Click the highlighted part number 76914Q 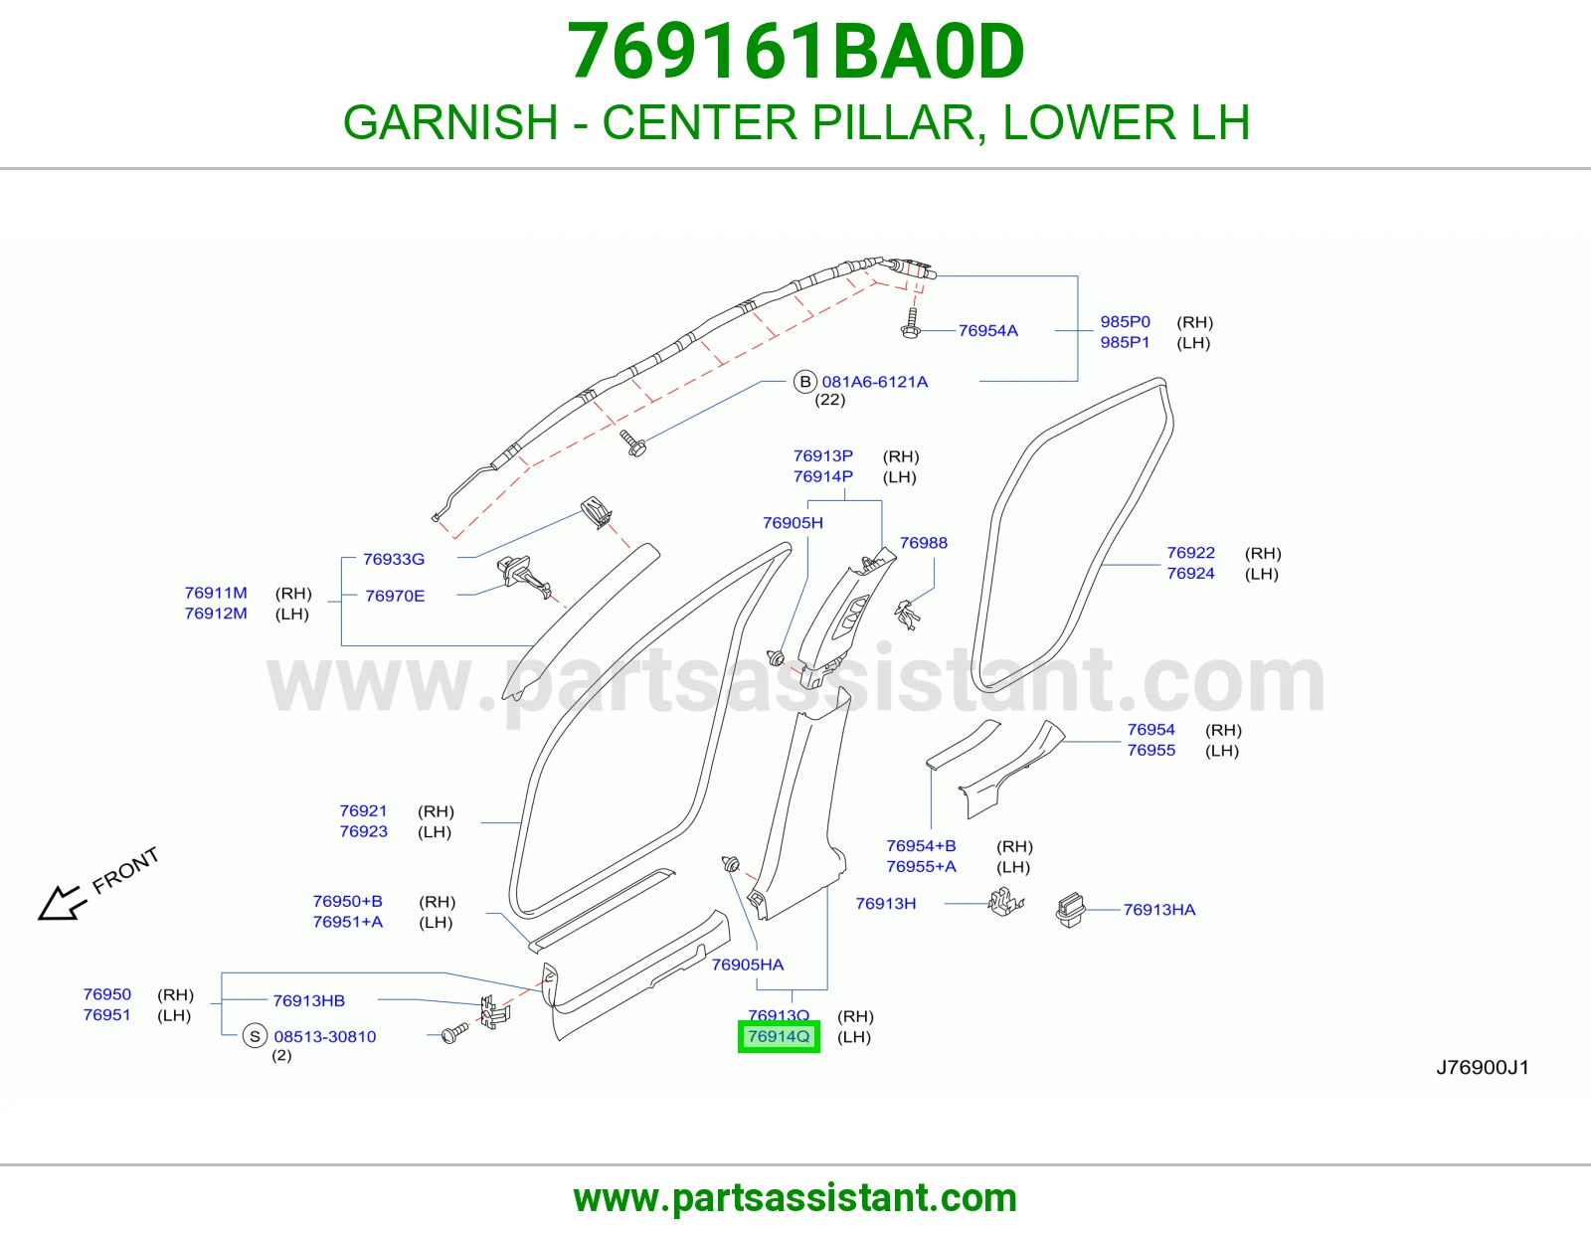(779, 1036)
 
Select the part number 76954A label (987, 331)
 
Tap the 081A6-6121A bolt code (874, 382)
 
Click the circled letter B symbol (804, 382)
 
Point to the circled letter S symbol (254, 1036)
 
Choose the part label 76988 (923, 543)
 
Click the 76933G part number (394, 559)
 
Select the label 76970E (395, 596)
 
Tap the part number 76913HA (1159, 910)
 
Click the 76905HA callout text (748, 965)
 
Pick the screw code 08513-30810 (325, 1037)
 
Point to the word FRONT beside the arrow (125, 870)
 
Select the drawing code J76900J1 (1483, 1068)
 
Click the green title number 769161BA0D (795, 52)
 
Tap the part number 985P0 (1125, 321)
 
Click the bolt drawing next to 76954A (911, 323)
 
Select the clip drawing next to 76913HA (1070, 910)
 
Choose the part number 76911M (216, 593)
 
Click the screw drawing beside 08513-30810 (454, 1033)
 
